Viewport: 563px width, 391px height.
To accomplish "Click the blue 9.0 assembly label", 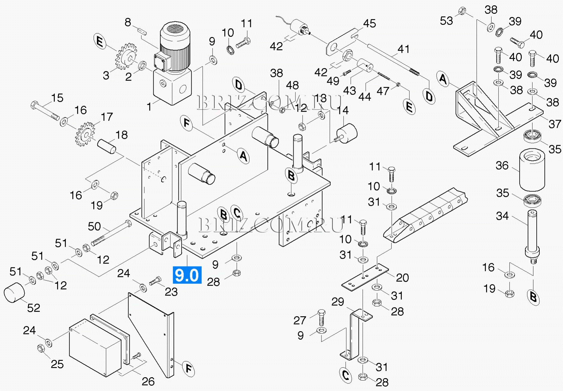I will click(x=187, y=275).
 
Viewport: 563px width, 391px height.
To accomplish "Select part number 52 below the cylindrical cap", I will click(x=33, y=308).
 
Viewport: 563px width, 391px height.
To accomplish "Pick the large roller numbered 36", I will click(x=532, y=170).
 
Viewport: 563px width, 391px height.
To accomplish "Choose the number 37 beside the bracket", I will click(x=555, y=124).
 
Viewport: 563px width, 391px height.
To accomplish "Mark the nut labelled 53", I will click(x=462, y=11).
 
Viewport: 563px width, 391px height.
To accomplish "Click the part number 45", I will click(x=369, y=24).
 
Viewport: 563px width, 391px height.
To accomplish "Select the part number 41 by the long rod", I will click(x=403, y=49).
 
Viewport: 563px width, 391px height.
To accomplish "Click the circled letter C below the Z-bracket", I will click(x=346, y=375).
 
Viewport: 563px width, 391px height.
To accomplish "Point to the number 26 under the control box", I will click(x=148, y=381).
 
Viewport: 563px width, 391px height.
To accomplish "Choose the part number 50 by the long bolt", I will click(x=94, y=226).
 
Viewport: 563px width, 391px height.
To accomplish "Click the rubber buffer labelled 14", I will click(x=347, y=132).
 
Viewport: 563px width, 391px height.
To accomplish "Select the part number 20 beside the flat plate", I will click(x=402, y=278).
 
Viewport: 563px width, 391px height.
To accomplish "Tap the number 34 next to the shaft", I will click(x=502, y=216).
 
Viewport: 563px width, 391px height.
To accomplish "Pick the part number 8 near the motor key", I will click(x=128, y=22).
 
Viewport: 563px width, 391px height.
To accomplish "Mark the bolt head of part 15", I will click(x=34, y=105).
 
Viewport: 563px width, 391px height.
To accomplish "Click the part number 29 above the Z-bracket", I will click(x=338, y=302).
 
